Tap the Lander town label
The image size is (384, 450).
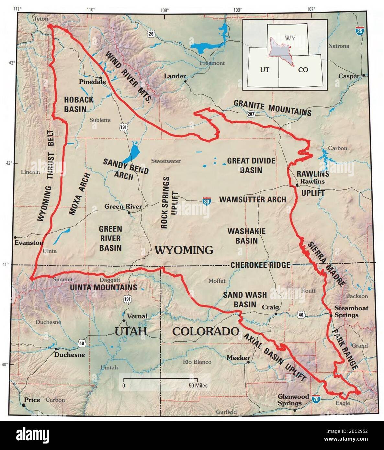coord(175,76)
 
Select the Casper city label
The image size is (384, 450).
coord(349,76)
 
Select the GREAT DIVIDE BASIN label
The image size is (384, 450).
coord(251,165)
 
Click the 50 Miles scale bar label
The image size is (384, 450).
coord(198,386)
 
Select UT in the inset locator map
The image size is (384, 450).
coord(265,70)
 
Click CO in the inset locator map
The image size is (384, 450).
coord(303,70)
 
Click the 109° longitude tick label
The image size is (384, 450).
coord(164,10)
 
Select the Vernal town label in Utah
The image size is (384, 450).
coord(137,316)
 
